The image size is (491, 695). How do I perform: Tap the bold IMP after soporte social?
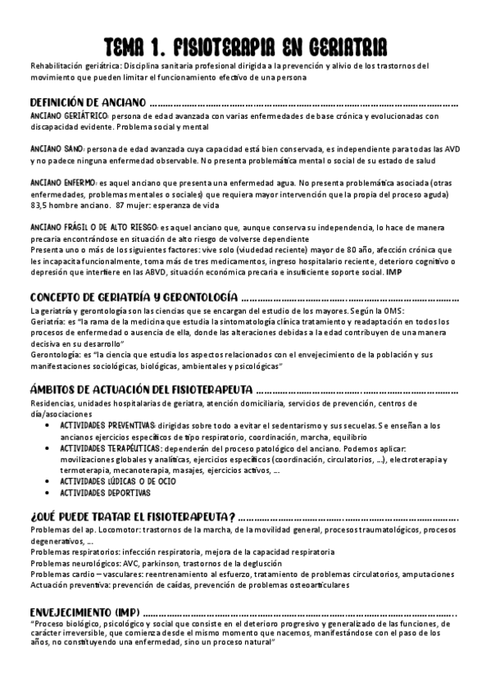[x=394, y=270]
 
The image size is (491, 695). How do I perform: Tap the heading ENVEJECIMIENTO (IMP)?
[x=84, y=612]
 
